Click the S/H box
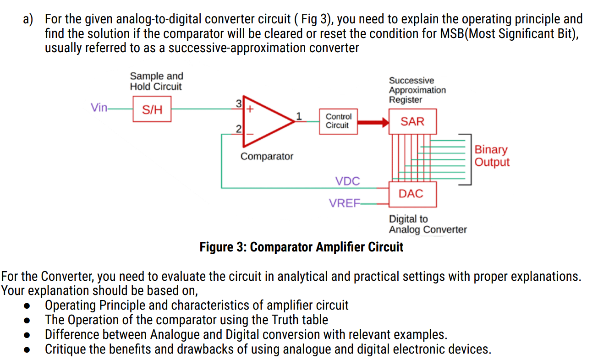(152, 109)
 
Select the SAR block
(412, 121)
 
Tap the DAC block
(411, 194)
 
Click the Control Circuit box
(338, 121)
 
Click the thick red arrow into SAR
(373, 122)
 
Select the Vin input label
(99, 108)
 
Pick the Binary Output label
(491, 156)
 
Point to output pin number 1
(299, 115)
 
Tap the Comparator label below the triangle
(267, 157)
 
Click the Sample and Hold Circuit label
(156, 81)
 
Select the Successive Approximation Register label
(417, 90)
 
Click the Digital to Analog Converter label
(428, 224)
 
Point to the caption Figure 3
(301, 247)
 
